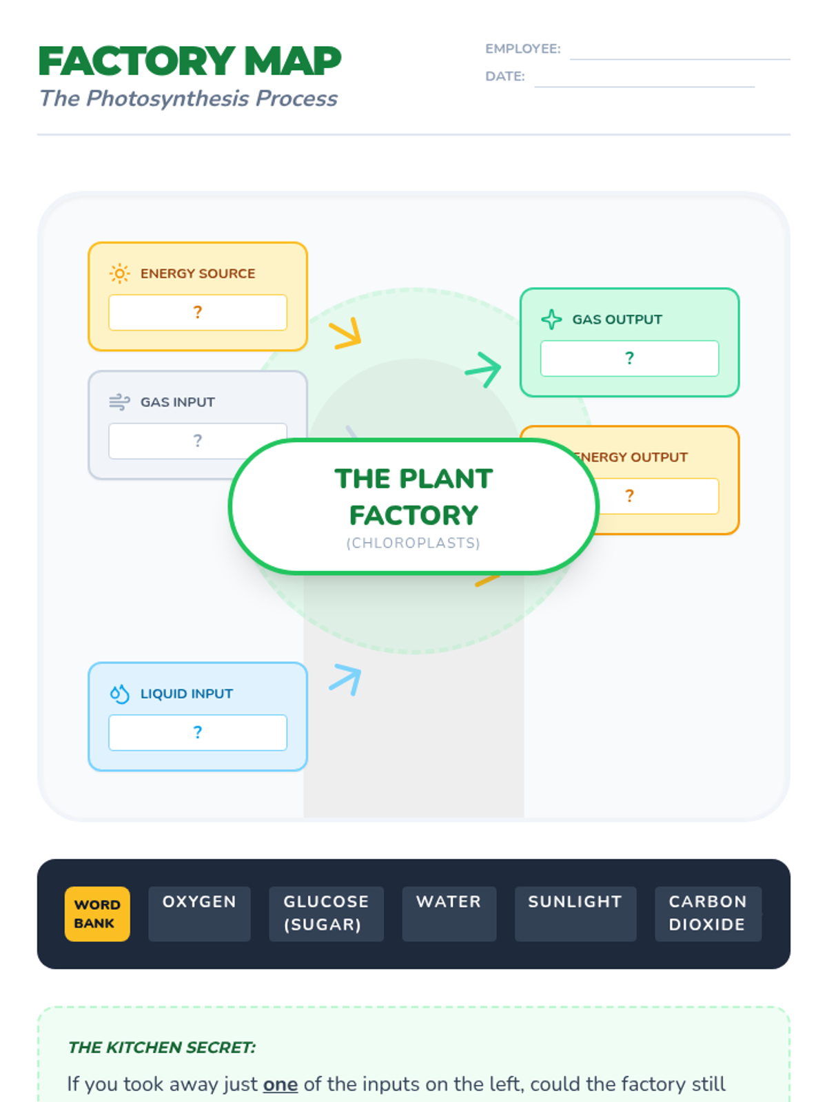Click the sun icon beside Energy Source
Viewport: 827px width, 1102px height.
pos(119,273)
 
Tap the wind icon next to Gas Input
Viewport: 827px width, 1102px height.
pos(119,402)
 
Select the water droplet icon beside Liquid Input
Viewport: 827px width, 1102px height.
pos(119,694)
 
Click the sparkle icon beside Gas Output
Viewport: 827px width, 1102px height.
pos(551,320)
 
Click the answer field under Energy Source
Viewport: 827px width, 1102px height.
pos(198,313)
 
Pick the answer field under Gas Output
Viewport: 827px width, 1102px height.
pos(629,358)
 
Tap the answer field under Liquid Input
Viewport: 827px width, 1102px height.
pos(198,732)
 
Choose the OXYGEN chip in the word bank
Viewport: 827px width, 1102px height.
pos(199,913)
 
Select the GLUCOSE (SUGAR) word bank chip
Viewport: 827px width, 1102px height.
pos(326,913)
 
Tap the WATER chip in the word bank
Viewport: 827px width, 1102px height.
pos(449,913)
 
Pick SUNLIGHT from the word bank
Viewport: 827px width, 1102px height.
pos(575,913)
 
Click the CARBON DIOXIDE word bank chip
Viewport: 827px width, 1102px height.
pos(708,913)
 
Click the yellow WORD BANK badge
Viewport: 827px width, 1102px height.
pos(97,913)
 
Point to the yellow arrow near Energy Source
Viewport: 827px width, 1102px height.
pos(346,333)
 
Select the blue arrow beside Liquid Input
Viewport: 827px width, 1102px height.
pos(346,679)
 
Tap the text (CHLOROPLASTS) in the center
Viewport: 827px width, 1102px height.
pos(413,543)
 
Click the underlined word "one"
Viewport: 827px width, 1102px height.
pos(280,1084)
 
